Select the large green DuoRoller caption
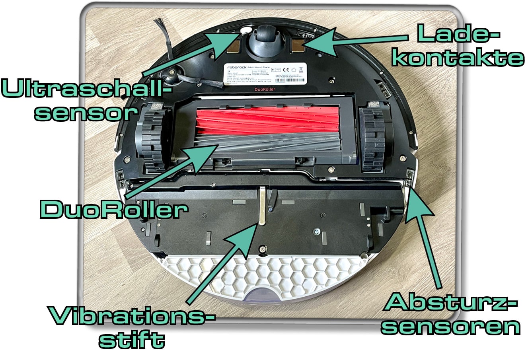113,209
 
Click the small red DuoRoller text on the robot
265,90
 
